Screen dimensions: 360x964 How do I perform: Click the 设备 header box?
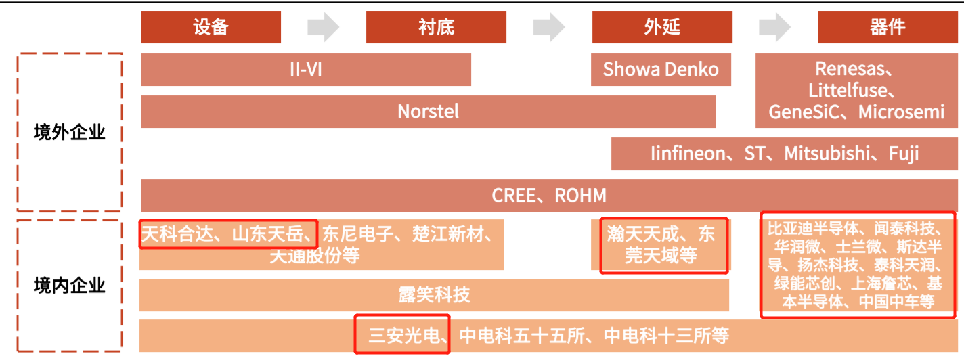pyautogui.click(x=211, y=27)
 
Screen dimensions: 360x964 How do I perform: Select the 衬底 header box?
pyautogui.click(x=436, y=27)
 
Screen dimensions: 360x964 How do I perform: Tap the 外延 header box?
pyautogui.click(x=661, y=27)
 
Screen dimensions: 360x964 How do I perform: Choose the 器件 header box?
pyautogui.click(x=887, y=27)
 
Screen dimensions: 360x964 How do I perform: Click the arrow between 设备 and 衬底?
pyautogui.click(x=323, y=27)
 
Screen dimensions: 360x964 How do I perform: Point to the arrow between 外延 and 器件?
pyautogui.click(x=774, y=27)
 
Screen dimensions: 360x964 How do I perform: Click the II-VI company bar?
pyautogui.click(x=305, y=70)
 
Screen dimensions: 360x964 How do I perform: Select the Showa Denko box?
pyautogui.click(x=661, y=70)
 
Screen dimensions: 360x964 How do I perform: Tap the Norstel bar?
pyautogui.click(x=428, y=112)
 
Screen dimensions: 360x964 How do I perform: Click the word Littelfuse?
pyautogui.click(x=852, y=91)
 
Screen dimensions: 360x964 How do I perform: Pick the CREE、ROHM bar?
pyautogui.click(x=549, y=196)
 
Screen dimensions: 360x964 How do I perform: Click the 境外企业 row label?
pyautogui.click(x=70, y=132)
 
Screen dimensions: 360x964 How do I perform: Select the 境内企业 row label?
pyautogui.click(x=70, y=286)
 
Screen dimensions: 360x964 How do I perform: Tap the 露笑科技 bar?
pyautogui.click(x=434, y=295)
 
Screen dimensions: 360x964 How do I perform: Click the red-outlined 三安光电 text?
pyautogui.click(x=403, y=335)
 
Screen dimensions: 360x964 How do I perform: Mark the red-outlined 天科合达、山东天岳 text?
pyautogui.click(x=228, y=235)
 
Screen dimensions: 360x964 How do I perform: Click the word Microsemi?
pyautogui.click(x=901, y=112)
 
